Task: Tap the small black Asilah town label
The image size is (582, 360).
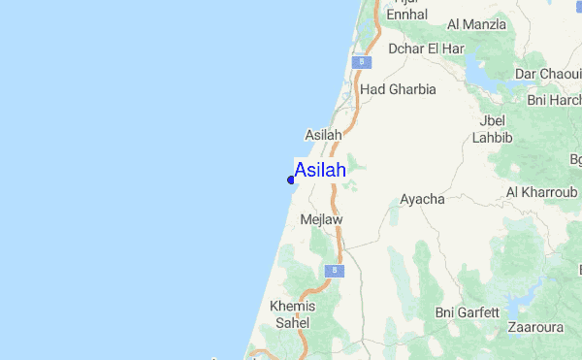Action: click(323, 135)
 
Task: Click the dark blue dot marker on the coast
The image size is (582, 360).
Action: click(291, 179)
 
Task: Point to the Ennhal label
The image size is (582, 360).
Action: click(406, 16)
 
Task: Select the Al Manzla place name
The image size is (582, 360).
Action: click(477, 24)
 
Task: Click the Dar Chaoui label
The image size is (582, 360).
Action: click(548, 74)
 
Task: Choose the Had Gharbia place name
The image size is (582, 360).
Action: click(398, 89)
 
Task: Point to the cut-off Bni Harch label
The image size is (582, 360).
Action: click(554, 100)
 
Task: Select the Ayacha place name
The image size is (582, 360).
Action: click(422, 200)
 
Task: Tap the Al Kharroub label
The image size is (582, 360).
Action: click(541, 192)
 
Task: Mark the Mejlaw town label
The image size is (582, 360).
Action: click(322, 220)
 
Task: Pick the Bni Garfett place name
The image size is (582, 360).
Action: click(468, 312)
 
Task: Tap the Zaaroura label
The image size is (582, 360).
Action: click(540, 327)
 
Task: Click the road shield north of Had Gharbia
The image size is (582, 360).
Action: click(361, 62)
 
